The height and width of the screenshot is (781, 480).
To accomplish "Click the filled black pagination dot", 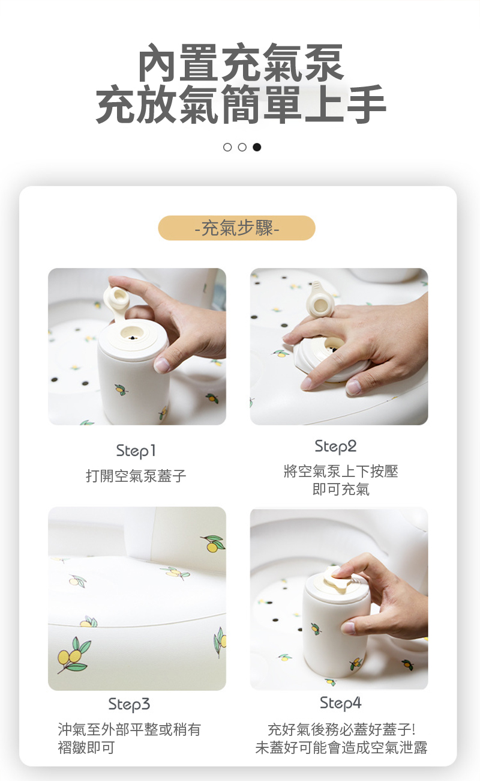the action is (x=257, y=147).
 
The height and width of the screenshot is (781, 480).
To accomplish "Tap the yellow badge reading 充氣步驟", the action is (x=237, y=228).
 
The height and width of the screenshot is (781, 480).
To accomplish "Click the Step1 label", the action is (x=136, y=451).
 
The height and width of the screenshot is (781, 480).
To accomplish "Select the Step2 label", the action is (x=335, y=446).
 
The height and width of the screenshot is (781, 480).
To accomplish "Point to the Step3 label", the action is (x=129, y=704).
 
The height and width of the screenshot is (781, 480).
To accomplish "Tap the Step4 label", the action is (x=341, y=704).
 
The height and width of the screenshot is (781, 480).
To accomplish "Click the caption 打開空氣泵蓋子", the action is (x=136, y=476).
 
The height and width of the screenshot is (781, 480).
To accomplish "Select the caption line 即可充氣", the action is (x=341, y=490).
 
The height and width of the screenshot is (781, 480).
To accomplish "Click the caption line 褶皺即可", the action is (x=86, y=747).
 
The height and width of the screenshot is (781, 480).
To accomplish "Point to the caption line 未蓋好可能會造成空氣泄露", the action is (x=341, y=747).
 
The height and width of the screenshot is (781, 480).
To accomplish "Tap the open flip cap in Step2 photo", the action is (x=319, y=300).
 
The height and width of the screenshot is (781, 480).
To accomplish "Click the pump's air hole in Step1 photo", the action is (x=133, y=337).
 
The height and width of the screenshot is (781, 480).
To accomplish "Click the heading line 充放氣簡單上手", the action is (x=241, y=105).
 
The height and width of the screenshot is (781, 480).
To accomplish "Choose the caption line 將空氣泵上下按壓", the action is (x=341, y=472).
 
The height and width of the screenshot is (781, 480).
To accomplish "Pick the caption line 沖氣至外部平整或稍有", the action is (x=129, y=729).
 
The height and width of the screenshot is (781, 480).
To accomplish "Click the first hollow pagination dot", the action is (x=227, y=147).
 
